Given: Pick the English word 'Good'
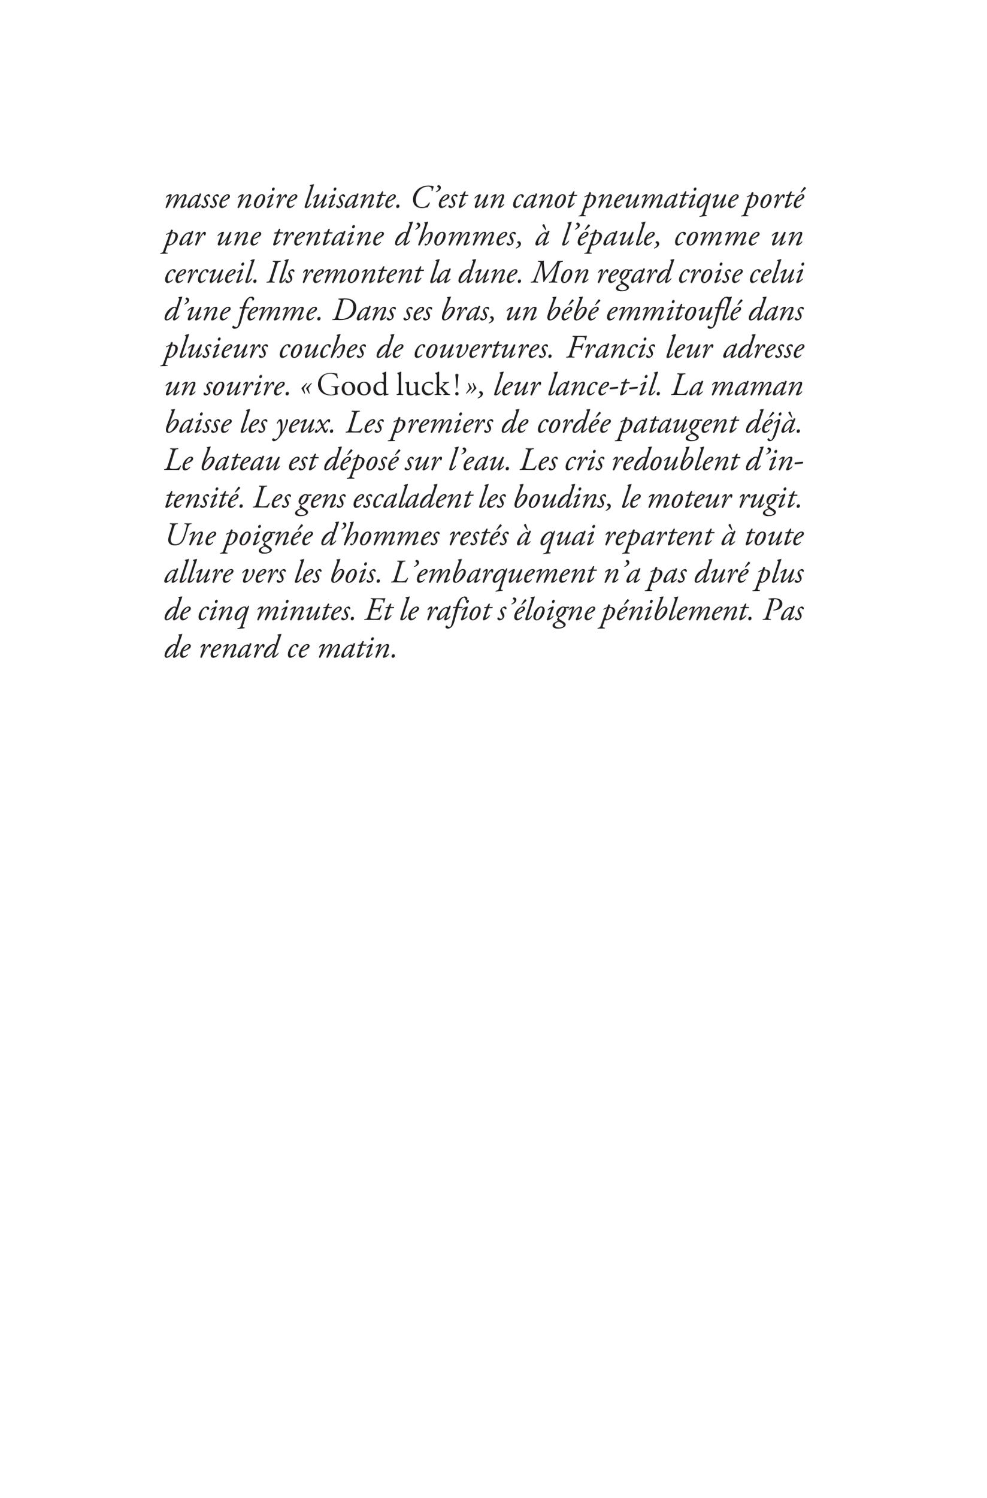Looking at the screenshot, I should pyautogui.click(x=349, y=386).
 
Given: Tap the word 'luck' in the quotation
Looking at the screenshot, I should pyautogui.click(x=419, y=386).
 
